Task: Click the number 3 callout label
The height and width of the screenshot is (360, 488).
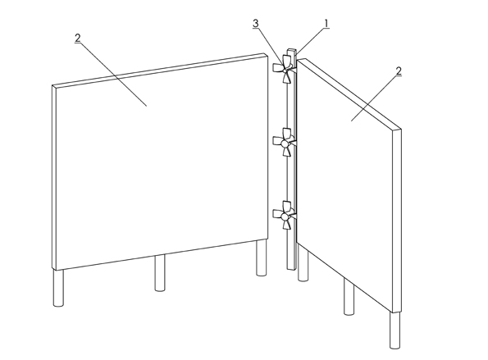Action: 256,24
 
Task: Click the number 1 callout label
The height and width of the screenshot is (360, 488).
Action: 326,24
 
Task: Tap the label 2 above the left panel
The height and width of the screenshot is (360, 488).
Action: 77,39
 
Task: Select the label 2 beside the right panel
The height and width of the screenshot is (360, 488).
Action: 399,71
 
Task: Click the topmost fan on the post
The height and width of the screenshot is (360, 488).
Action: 285,70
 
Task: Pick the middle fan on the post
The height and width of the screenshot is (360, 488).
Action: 285,143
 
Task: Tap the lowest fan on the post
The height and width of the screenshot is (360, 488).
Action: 285,216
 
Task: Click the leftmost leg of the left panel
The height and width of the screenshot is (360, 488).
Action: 58,288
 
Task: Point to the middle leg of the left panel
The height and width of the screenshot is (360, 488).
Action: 160,273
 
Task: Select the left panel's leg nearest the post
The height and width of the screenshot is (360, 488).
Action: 262,258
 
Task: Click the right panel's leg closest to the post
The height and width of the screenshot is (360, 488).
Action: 303,263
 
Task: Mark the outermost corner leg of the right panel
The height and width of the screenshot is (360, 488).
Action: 395,330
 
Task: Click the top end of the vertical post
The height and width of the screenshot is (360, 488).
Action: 292,50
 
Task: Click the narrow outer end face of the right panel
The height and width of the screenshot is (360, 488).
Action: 397,221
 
